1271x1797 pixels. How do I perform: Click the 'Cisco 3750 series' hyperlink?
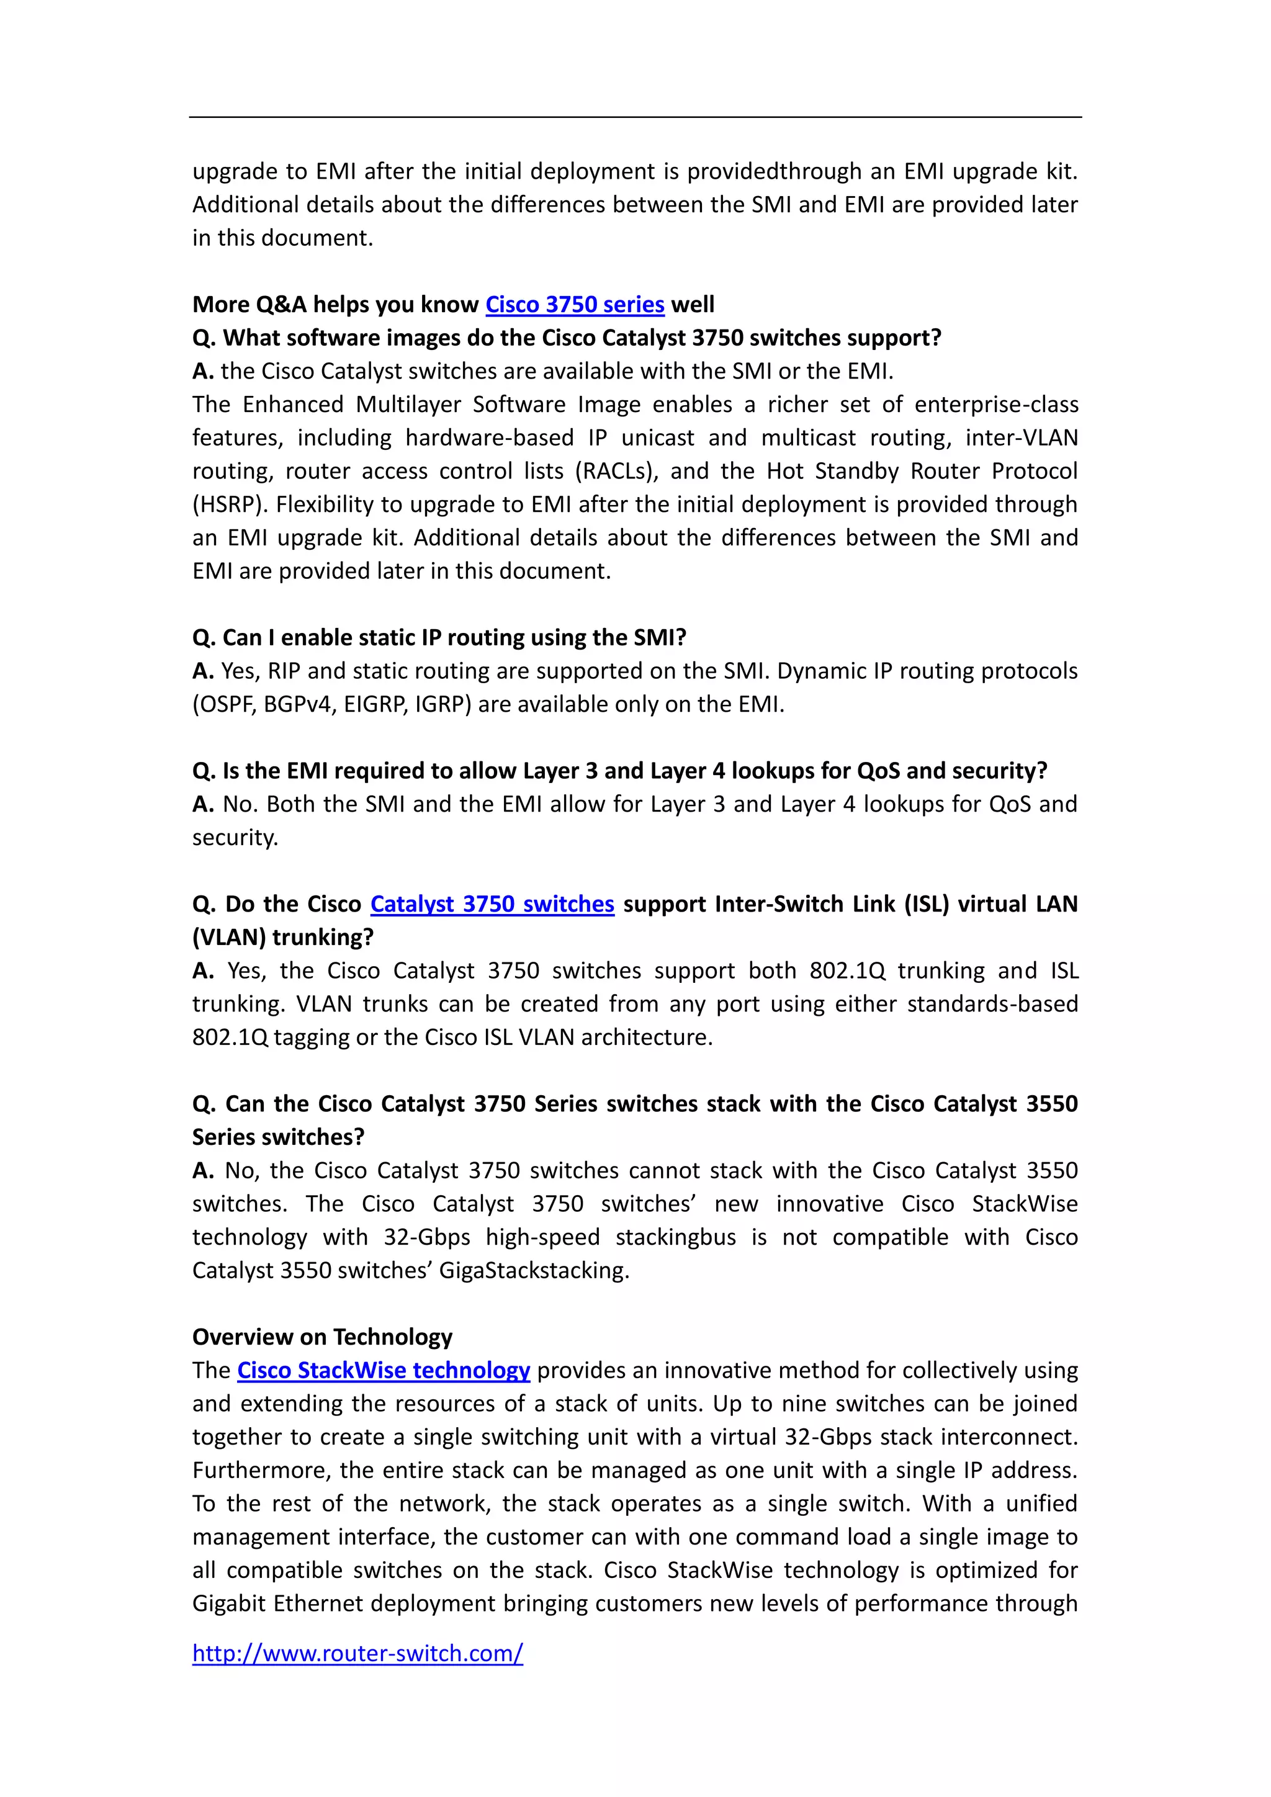pos(575,305)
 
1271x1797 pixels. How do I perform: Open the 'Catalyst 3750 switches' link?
pos(492,904)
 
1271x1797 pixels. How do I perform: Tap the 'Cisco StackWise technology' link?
pos(384,1371)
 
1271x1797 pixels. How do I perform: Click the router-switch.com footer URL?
pos(357,1653)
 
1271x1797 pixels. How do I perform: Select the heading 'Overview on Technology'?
pos(323,1337)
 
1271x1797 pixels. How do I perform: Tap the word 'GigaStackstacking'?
pos(533,1270)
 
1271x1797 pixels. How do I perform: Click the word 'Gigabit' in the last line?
pos(229,1603)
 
